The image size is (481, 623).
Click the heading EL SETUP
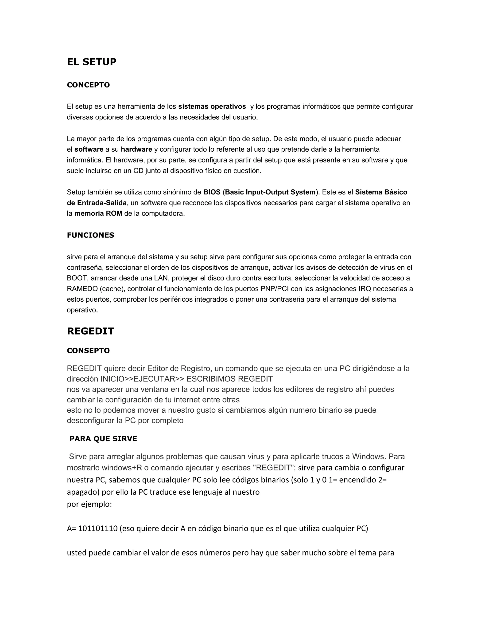point(91,62)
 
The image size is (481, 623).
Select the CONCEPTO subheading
point(88,85)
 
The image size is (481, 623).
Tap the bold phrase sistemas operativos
point(212,107)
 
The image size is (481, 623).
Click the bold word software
point(89,150)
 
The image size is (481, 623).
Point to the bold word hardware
point(136,150)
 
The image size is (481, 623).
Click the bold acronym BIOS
point(212,192)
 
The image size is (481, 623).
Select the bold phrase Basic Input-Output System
point(270,192)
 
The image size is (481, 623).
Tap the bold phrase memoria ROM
point(98,214)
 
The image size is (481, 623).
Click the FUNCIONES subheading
point(90,235)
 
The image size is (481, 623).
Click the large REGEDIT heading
point(90,331)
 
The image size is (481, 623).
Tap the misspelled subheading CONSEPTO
point(88,351)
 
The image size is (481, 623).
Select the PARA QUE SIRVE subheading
point(103,439)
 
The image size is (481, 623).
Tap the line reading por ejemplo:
point(89,504)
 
